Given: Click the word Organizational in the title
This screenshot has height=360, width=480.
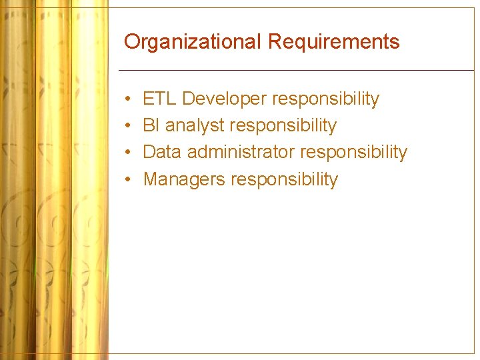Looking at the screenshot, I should pos(193,42).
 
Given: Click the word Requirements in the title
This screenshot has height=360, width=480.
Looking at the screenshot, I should pos(333,42).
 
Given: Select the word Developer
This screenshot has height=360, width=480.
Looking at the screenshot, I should pos(225,99).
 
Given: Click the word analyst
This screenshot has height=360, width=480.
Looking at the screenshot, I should pos(194,126).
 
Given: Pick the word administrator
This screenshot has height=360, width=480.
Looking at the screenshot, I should pos(241,152).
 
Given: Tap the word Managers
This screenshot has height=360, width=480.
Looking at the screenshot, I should pos(184,179).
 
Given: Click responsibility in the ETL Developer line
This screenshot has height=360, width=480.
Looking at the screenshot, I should pos(326,99).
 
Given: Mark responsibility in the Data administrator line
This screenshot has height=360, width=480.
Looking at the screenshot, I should pos(353,153).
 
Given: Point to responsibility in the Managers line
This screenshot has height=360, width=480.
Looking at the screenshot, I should pos(285,179).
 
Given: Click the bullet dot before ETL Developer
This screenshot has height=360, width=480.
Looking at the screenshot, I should pos(127,100).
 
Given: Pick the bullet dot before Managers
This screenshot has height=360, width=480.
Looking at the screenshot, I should pos(127,180).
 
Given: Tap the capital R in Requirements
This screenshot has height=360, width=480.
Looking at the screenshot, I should pos(275,42).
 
